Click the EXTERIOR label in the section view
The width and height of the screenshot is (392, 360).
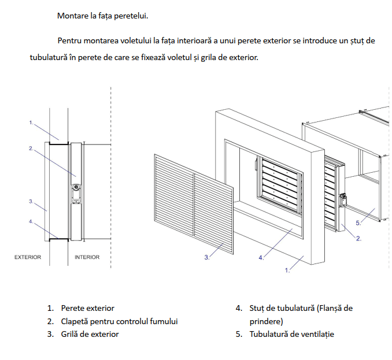[28, 257]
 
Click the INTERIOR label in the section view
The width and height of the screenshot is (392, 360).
[87, 257]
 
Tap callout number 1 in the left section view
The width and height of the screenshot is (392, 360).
[31, 123]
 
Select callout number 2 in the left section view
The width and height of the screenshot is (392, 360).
[31, 149]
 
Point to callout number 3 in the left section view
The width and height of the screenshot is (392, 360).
[31, 201]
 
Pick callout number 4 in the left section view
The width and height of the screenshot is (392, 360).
[31, 221]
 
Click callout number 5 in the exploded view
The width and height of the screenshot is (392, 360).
[358, 223]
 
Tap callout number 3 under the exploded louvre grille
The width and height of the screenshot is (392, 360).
[207, 257]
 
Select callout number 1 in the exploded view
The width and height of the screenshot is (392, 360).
[287, 270]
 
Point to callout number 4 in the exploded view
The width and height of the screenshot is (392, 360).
[261, 258]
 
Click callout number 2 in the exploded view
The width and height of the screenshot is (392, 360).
[358, 239]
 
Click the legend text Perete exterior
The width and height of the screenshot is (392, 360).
[87, 308]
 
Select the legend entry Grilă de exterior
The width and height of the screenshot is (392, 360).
[90, 334]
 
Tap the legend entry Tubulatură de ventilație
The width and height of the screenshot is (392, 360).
[292, 334]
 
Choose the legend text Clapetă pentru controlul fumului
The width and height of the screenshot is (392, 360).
[119, 321]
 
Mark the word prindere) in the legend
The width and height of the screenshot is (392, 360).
[267, 321]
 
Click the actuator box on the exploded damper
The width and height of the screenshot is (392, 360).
[343, 201]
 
